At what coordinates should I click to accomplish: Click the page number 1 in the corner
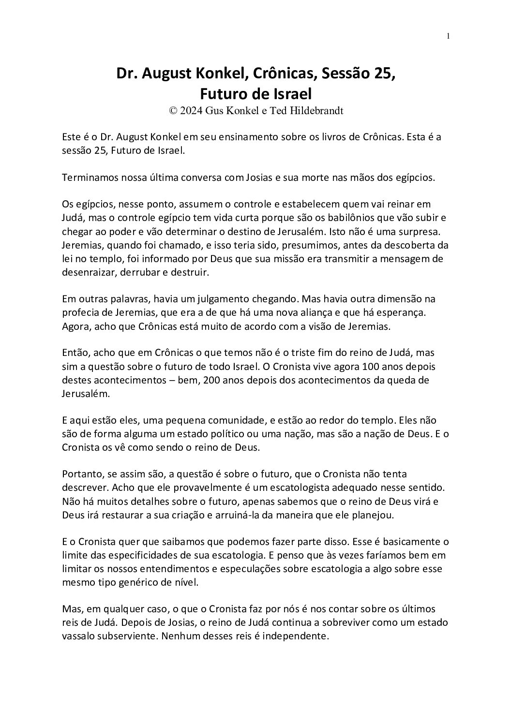pos(449,36)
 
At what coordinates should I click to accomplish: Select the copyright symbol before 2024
pos(173,110)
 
